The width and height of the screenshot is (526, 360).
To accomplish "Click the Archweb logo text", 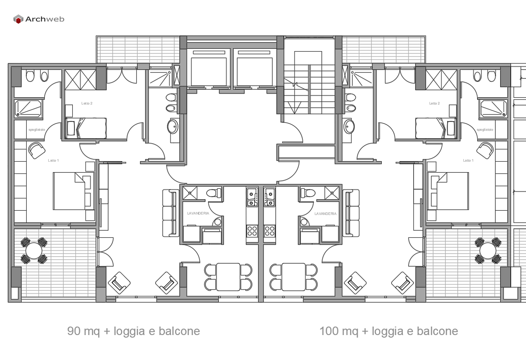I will (x=44, y=19).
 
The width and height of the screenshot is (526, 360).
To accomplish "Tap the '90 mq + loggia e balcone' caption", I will (x=134, y=331).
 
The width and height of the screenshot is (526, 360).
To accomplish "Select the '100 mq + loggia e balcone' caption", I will (x=389, y=331).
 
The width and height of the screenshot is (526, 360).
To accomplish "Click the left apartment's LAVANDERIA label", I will (x=198, y=214).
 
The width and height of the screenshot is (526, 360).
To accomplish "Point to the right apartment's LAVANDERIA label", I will (x=326, y=214).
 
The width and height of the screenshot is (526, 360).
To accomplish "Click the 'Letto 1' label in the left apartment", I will (x=53, y=161).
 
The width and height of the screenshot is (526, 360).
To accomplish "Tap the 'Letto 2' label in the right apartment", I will (x=434, y=103).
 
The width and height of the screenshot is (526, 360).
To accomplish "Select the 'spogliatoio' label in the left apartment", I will (x=36, y=130).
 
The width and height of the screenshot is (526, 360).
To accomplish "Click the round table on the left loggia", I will (x=33, y=251).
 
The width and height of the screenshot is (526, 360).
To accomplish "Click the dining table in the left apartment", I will (x=228, y=277).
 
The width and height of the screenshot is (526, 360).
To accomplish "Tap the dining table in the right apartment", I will (x=294, y=277).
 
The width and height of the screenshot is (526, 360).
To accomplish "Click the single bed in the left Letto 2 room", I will (x=86, y=127).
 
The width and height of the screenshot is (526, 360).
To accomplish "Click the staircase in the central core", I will (x=309, y=88).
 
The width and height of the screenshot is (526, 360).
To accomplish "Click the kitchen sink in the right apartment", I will (x=269, y=197).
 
